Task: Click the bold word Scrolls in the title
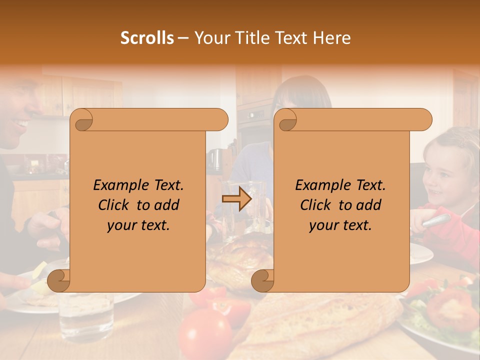click(x=147, y=38)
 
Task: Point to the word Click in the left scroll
click(x=115, y=205)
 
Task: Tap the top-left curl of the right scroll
click(x=286, y=120)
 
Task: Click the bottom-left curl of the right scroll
click(x=262, y=280)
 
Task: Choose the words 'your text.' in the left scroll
click(x=138, y=225)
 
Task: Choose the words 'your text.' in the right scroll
click(x=340, y=225)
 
